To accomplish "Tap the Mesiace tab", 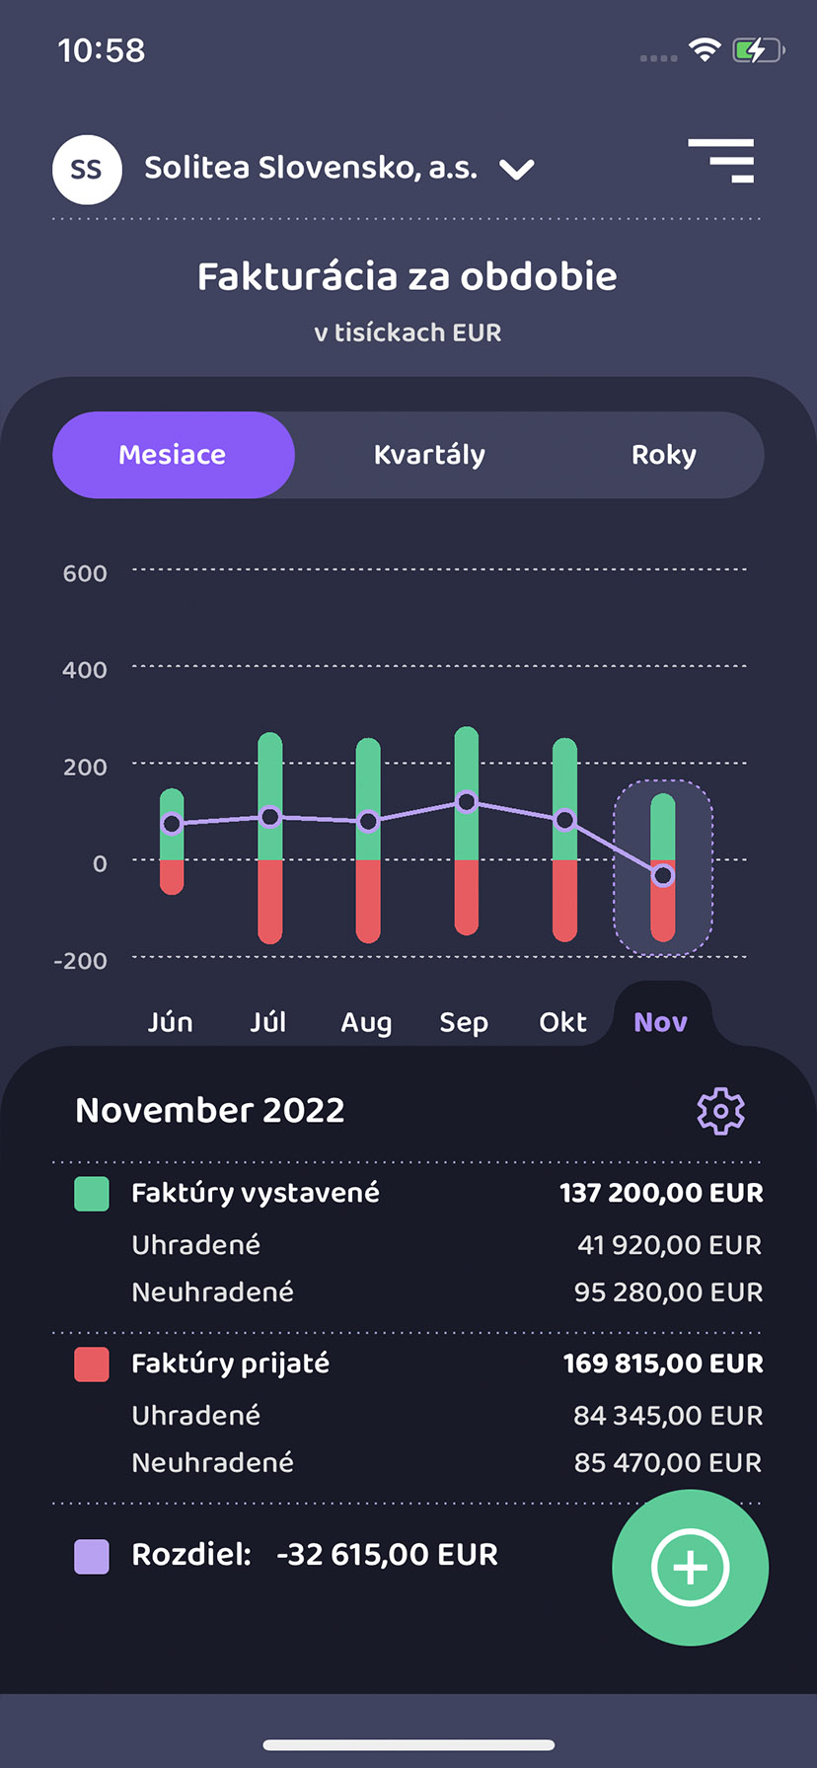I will click(173, 455).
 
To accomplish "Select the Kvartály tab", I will click(429, 455).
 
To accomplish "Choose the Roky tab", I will click(663, 455).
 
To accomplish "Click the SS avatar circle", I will click(87, 170).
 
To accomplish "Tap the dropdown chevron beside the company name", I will click(517, 170).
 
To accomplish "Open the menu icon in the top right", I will click(722, 161).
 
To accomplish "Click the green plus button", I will click(690, 1567).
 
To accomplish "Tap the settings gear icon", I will click(720, 1111).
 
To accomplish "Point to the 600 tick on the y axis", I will click(85, 573).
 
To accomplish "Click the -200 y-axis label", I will click(81, 961).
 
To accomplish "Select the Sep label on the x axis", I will click(464, 1022).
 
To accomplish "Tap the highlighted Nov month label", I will click(660, 1022).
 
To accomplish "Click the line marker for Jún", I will click(172, 823).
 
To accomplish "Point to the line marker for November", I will click(663, 875).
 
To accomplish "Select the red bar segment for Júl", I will click(269, 900).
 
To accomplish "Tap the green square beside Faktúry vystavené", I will click(92, 1193).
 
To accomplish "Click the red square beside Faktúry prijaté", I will click(92, 1363).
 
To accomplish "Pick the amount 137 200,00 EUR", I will click(661, 1193).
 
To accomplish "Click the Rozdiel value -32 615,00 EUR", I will click(387, 1555).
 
